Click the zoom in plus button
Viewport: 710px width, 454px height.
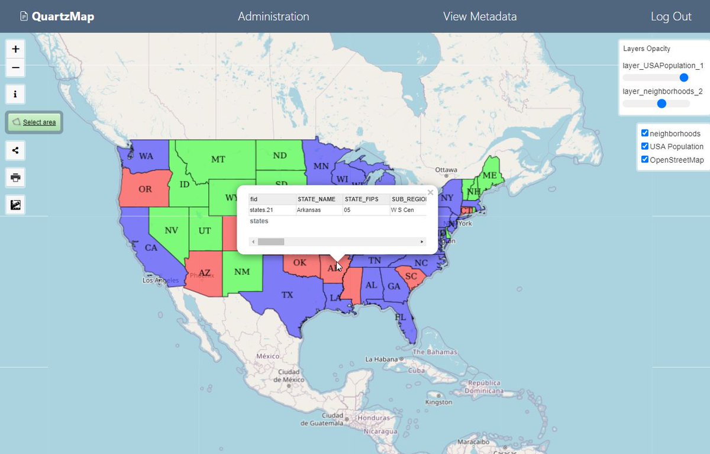tap(15, 49)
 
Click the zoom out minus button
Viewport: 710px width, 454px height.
tap(15, 68)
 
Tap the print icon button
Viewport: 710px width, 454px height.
tap(15, 177)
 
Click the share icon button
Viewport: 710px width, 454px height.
tap(15, 150)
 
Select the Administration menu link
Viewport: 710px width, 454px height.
tap(273, 17)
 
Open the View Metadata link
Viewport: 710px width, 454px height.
tap(480, 17)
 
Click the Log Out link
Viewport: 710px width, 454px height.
tap(671, 17)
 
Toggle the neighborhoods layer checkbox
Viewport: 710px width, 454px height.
tap(645, 133)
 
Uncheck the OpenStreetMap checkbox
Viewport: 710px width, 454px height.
tap(645, 159)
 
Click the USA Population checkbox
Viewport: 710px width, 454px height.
tap(645, 146)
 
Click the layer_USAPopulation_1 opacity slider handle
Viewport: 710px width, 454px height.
tap(684, 78)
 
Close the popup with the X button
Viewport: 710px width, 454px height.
tap(430, 192)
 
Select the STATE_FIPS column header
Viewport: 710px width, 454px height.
tap(361, 199)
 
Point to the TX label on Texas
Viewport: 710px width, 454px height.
tap(287, 294)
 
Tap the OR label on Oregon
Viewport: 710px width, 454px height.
tap(145, 189)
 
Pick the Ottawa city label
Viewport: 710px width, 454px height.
tap(447, 169)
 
